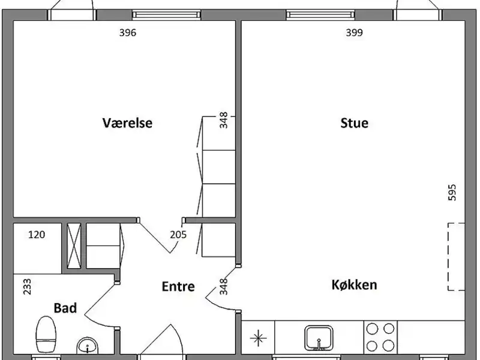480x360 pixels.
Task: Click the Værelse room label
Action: [127, 123]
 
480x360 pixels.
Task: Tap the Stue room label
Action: [354, 123]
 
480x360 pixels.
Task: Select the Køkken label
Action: [354, 284]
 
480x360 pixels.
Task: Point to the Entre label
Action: [178, 287]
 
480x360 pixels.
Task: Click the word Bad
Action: [65, 308]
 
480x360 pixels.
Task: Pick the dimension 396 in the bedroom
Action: [127, 32]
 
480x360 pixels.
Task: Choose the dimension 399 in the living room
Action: [354, 32]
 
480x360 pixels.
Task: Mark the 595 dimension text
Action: [452, 192]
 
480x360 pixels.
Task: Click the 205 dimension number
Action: [178, 235]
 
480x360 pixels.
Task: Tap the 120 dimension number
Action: [37, 235]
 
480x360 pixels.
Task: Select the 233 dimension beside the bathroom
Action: [27, 286]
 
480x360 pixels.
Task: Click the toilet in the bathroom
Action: [46, 334]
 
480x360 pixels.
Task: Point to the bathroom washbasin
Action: [88, 346]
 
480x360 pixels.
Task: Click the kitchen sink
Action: [319, 338]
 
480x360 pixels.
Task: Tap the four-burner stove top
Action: [380, 337]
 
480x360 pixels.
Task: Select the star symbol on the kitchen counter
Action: [258, 338]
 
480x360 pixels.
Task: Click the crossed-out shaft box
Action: [74, 246]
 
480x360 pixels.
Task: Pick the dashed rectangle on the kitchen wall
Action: [457, 257]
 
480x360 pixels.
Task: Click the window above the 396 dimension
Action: [167, 14]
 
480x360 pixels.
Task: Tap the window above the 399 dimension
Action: [320, 14]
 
